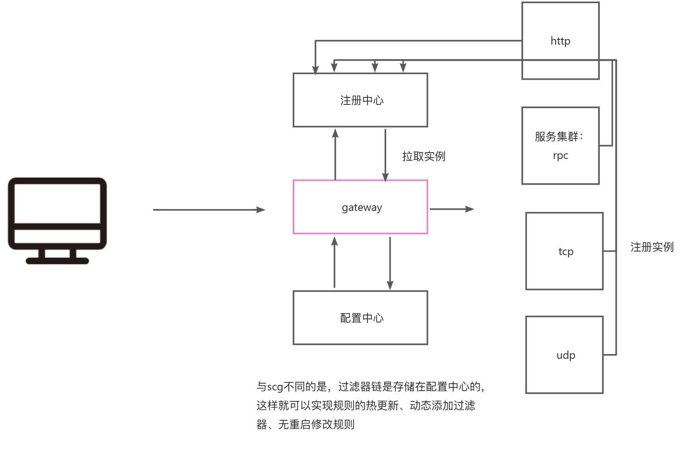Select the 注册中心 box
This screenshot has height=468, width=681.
point(360,112)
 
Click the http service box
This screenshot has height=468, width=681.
point(560,24)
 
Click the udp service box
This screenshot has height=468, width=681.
point(564,375)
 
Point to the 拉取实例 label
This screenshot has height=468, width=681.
point(424,156)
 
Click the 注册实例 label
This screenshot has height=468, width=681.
point(652,247)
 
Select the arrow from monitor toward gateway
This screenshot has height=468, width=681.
point(209,210)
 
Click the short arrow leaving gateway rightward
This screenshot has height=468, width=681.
point(451,209)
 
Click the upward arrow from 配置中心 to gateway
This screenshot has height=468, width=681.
point(335,263)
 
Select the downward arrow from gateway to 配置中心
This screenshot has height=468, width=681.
point(390,263)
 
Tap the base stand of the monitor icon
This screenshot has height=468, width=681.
point(58,261)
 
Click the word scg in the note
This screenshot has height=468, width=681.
point(275,387)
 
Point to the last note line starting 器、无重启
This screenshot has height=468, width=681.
point(305,424)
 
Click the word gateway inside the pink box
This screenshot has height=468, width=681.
point(362,207)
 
